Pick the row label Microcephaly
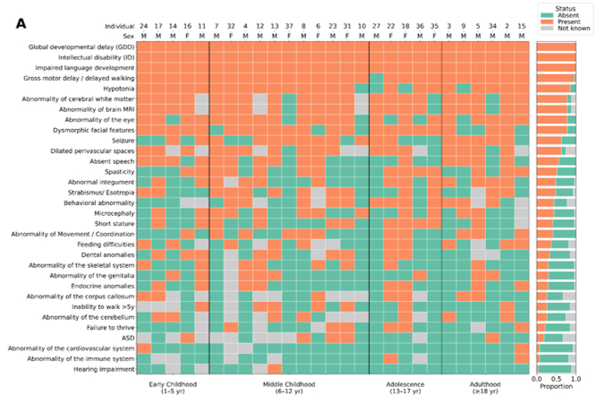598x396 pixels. [108, 213]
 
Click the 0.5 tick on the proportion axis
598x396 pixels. [556, 380]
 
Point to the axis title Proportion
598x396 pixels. [555, 390]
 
